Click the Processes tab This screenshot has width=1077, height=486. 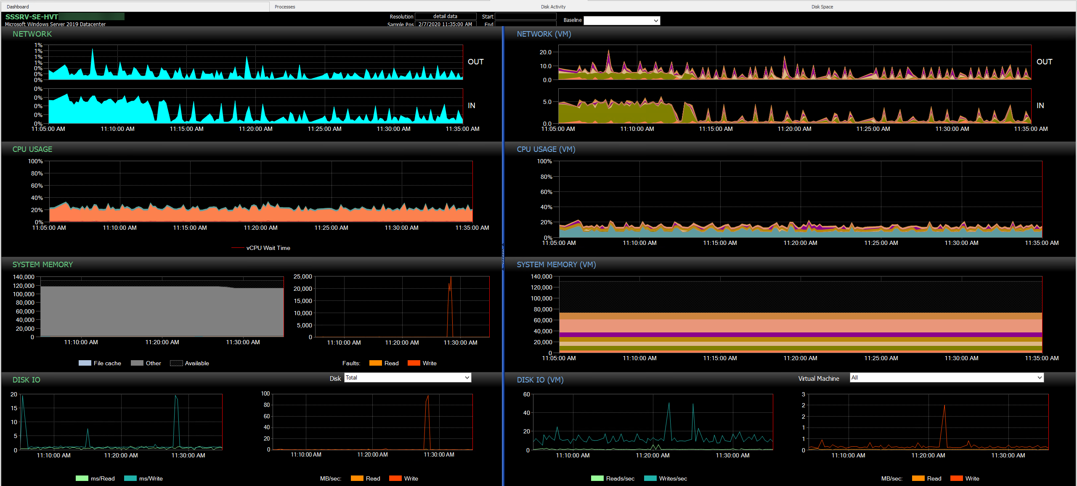click(x=285, y=7)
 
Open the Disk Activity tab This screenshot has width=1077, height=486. click(x=553, y=7)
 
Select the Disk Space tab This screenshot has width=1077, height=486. click(x=822, y=7)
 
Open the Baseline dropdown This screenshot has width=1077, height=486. click(x=621, y=21)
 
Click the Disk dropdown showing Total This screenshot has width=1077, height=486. click(x=407, y=378)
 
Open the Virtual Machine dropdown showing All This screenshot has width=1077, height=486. click(x=947, y=378)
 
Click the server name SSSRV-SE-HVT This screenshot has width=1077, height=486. click(x=32, y=17)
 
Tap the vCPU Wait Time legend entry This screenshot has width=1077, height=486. click(x=268, y=248)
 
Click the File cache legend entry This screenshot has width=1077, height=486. click(x=107, y=363)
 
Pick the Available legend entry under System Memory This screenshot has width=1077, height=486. click(x=196, y=363)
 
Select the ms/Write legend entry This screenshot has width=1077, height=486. click(x=150, y=478)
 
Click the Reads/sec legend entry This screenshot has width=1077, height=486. click(x=620, y=478)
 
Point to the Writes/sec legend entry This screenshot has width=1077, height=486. click(x=672, y=478)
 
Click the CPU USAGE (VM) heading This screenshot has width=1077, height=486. click(x=546, y=149)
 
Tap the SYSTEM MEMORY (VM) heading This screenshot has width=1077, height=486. click(x=556, y=265)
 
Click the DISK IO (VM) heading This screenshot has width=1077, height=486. click(x=540, y=380)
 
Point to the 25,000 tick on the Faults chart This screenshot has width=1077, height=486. click(x=303, y=276)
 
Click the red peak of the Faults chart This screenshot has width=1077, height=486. click(x=451, y=278)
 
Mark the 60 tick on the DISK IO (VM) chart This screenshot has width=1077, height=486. click(x=526, y=394)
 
